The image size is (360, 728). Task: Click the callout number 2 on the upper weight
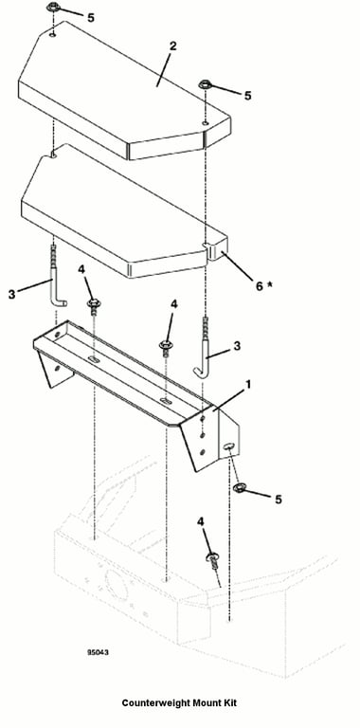coord(172,45)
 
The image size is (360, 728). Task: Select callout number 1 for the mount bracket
coord(248,385)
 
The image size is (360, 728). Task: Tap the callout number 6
coord(260,285)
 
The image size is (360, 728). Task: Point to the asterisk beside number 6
coord(270,283)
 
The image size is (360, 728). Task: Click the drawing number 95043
coord(98,652)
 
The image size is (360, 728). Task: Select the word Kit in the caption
coord(229,703)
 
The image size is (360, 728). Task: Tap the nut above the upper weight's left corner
coord(53,8)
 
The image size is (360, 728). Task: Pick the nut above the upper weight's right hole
coord(205,85)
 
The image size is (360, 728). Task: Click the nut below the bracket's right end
coord(241,488)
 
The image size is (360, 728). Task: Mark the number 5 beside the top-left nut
coord(90,18)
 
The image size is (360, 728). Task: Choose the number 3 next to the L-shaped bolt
coord(11,295)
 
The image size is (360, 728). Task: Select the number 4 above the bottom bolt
coord(201,522)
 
